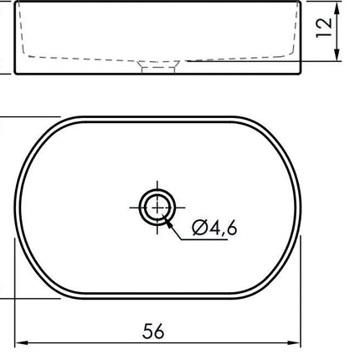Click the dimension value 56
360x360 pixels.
click(153, 331)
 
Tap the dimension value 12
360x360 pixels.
click(324, 28)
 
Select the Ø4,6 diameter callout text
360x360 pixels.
click(215, 228)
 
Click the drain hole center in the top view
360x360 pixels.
click(157, 208)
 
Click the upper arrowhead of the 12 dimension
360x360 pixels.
click(337, 8)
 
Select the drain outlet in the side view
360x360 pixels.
click(158, 67)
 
